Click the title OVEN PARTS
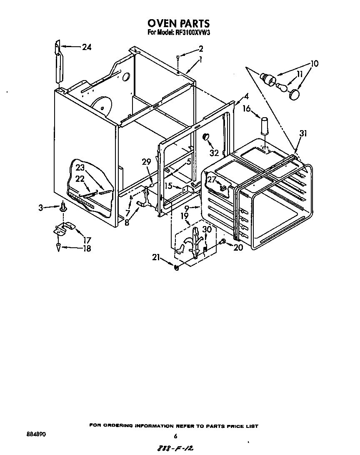click(x=178, y=23)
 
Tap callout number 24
click(x=86, y=47)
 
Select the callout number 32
click(x=214, y=153)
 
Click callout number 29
click(x=146, y=162)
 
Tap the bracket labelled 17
click(x=63, y=228)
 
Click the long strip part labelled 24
click(x=58, y=65)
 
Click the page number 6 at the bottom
click(x=175, y=436)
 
